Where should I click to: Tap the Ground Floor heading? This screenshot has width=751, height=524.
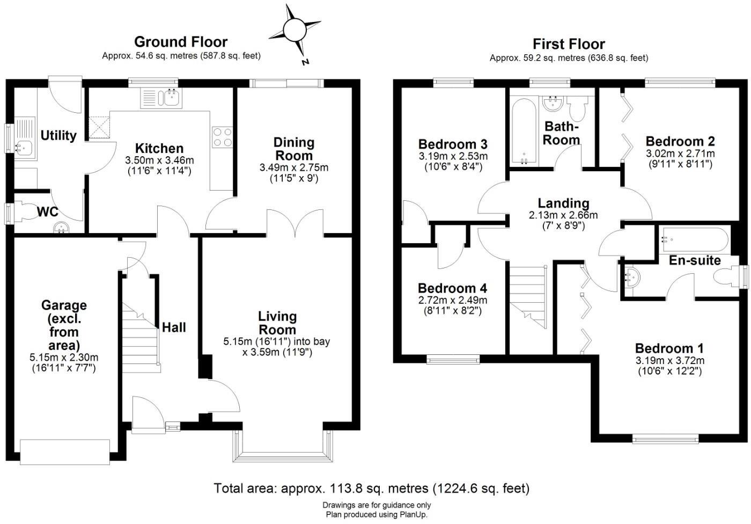(x=181, y=42)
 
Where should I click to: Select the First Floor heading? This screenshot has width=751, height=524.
(x=569, y=44)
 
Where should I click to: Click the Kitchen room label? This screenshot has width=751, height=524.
(x=159, y=148)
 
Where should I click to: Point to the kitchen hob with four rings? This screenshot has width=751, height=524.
(x=223, y=136)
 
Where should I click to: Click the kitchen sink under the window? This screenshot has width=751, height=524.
(x=161, y=98)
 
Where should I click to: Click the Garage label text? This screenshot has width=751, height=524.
(x=64, y=305)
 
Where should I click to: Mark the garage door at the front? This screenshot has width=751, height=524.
(x=64, y=452)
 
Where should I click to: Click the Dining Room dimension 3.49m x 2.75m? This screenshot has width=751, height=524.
(x=294, y=168)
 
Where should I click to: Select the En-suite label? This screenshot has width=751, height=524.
(x=695, y=260)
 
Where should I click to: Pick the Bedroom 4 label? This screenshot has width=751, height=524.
(x=452, y=288)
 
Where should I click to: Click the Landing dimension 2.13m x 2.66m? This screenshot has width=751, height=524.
(x=563, y=215)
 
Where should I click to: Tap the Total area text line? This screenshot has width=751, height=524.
(x=371, y=488)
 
